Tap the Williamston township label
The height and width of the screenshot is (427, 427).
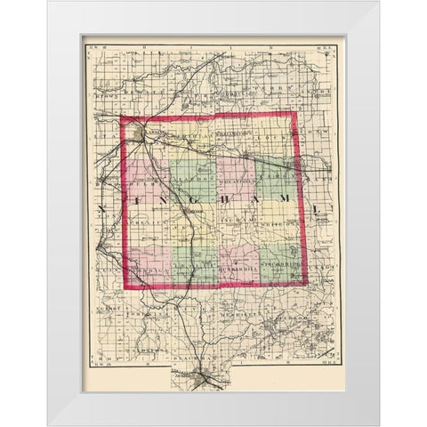(x=225, y=134)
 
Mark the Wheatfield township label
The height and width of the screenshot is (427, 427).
(x=233, y=175)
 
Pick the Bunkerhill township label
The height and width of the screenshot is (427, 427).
(x=235, y=266)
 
